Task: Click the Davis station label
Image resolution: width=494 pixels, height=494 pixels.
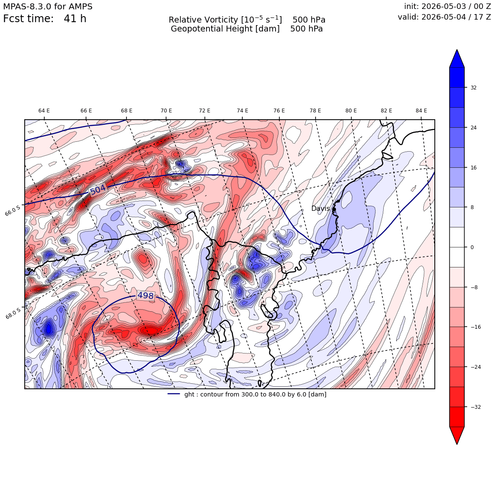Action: [x=320, y=208]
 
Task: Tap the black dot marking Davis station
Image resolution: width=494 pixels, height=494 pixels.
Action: [x=334, y=209]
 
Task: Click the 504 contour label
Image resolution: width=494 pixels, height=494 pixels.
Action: [x=98, y=190]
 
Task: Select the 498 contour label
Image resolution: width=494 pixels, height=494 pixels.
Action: [x=146, y=296]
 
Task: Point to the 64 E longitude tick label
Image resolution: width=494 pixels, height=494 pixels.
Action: [x=44, y=111]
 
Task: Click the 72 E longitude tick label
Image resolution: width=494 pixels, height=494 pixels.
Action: [x=204, y=111]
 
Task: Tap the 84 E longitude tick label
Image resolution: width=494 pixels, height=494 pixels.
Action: [x=421, y=111]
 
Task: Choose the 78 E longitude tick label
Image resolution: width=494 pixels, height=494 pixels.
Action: [x=315, y=111]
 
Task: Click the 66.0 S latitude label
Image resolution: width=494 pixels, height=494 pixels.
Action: [x=13, y=210]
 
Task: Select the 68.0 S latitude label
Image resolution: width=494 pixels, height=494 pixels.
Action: [x=13, y=313]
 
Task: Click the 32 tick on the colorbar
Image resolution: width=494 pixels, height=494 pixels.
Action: [x=474, y=88]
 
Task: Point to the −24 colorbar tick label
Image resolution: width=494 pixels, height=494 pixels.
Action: [x=475, y=367]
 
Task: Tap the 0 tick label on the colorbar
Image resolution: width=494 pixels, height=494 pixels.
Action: [x=472, y=247]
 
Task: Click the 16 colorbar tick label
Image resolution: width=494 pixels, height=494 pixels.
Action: [x=474, y=168]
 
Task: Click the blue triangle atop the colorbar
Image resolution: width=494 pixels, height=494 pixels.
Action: [x=457, y=59]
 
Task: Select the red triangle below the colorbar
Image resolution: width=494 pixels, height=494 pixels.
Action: [x=457, y=435]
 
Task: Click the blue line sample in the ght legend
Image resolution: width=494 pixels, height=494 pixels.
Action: [x=174, y=394]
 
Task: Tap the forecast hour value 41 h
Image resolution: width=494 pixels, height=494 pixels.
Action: [x=75, y=19]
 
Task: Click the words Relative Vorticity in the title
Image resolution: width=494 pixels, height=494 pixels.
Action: [x=203, y=20]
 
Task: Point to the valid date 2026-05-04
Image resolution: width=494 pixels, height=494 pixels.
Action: [x=444, y=17]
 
